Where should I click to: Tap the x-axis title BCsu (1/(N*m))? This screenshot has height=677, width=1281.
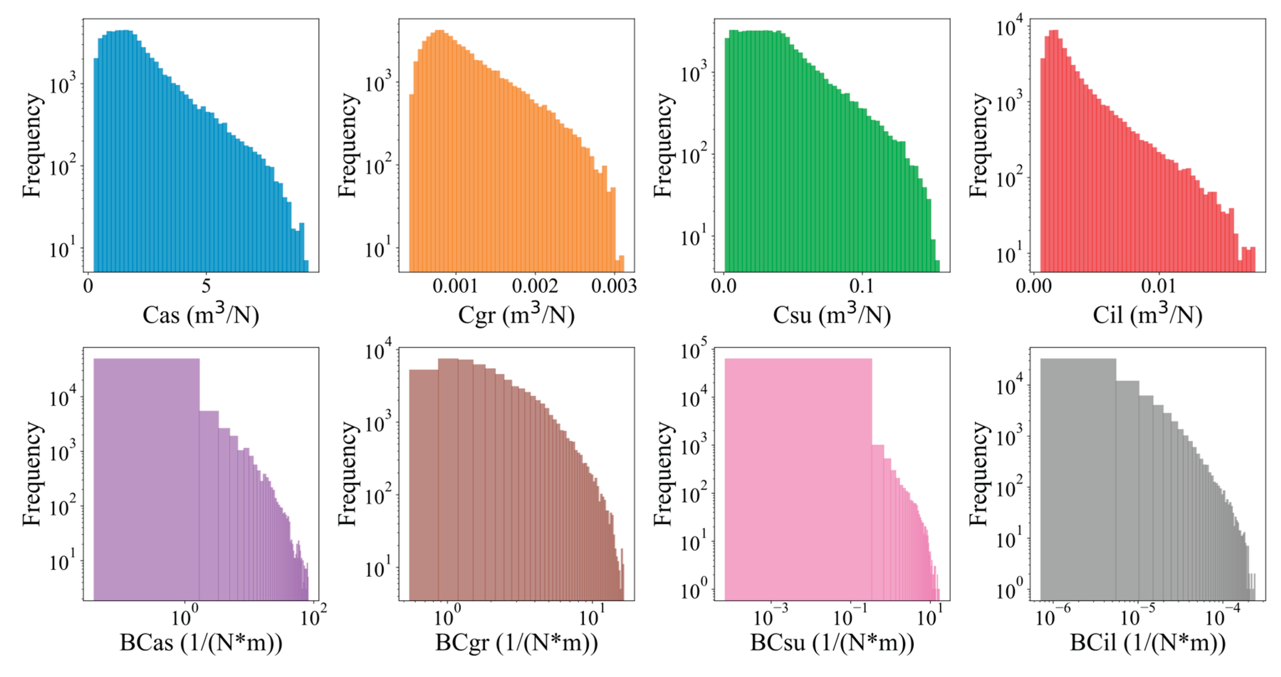click(832, 643)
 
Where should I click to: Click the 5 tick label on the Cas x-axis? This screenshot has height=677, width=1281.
click(206, 286)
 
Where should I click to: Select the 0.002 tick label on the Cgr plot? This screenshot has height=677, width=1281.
click(535, 286)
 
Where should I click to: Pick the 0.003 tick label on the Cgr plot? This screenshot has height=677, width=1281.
click(614, 286)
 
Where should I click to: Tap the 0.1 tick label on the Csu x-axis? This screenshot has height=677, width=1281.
click(861, 286)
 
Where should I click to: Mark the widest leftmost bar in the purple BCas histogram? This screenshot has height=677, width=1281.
click(147, 478)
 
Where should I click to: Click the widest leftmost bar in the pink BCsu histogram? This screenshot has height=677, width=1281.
click(798, 478)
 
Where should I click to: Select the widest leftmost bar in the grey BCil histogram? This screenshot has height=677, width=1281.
click(1078, 478)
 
